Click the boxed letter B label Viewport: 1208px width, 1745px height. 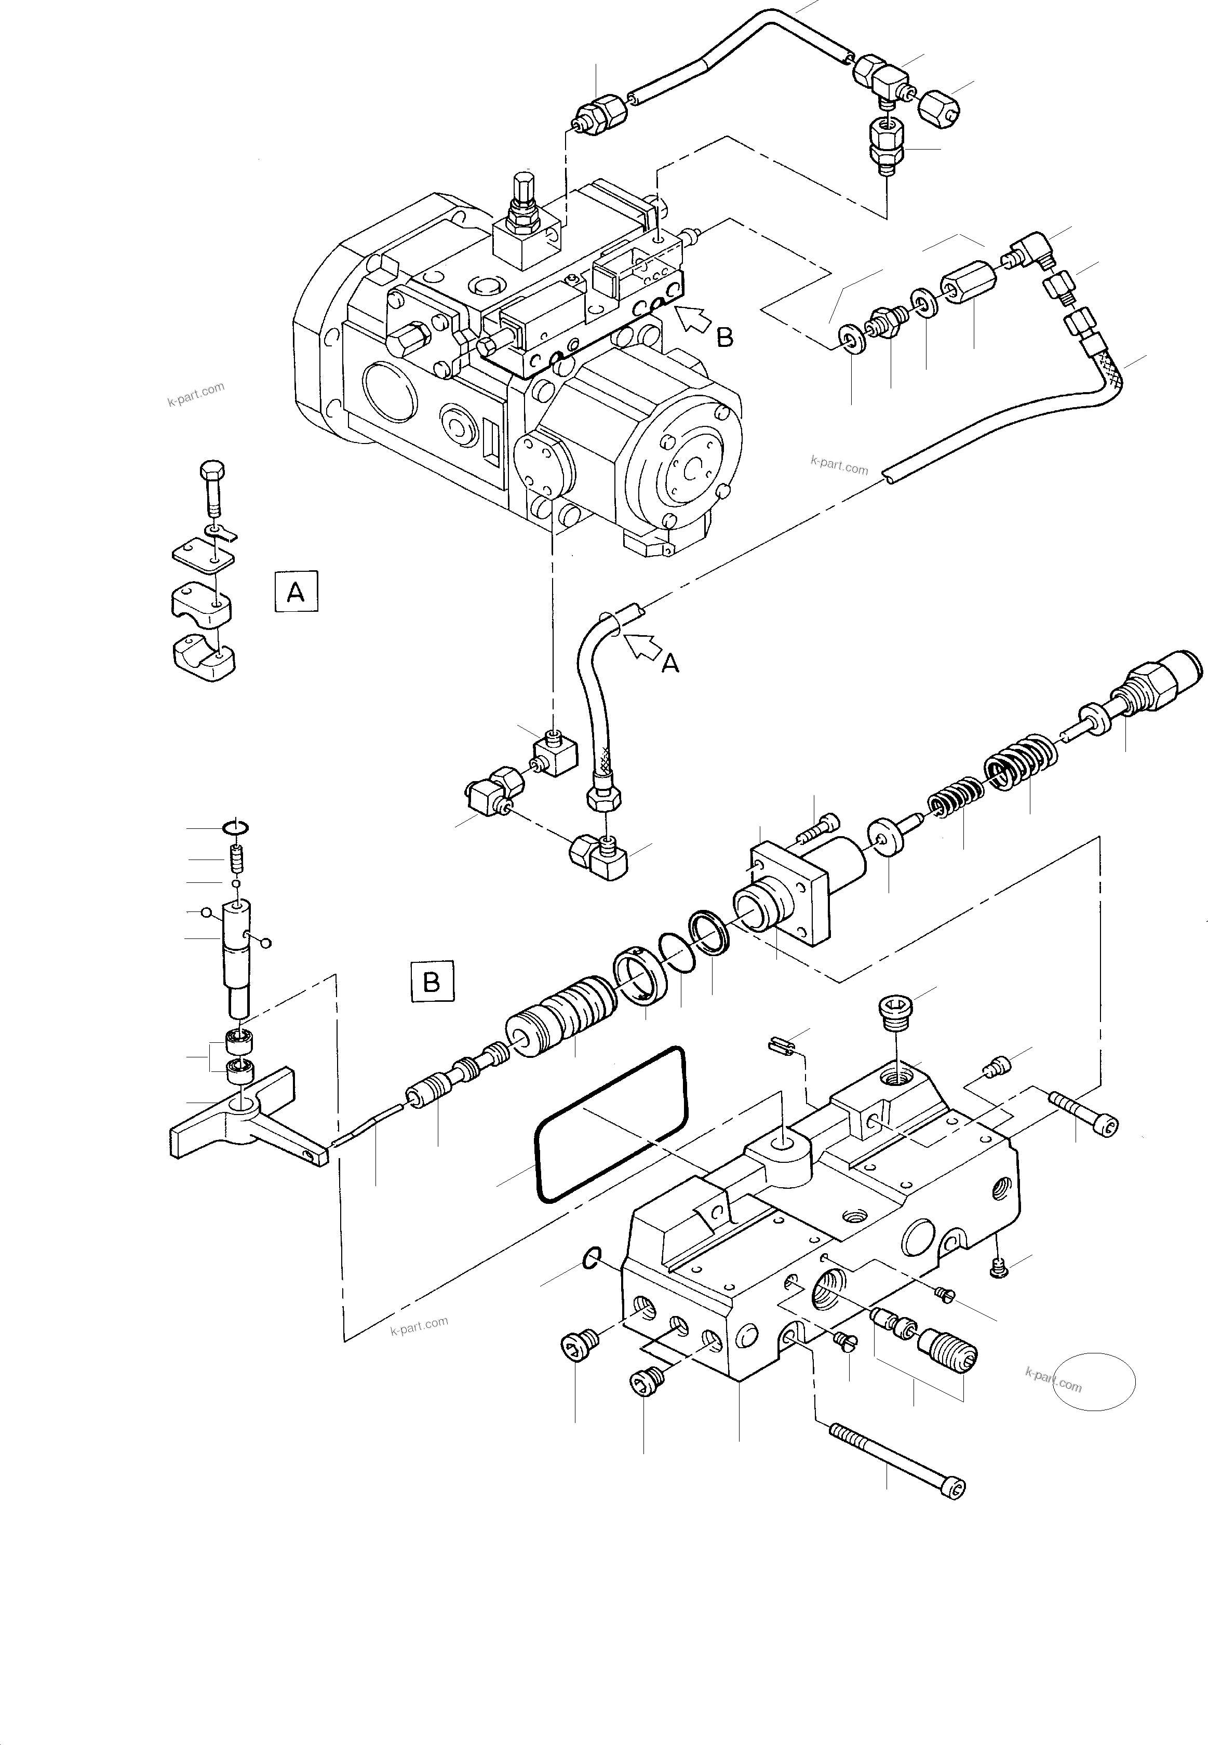point(432,982)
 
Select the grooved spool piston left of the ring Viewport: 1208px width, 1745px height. point(560,1018)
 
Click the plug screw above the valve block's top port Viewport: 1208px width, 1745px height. point(895,1010)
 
